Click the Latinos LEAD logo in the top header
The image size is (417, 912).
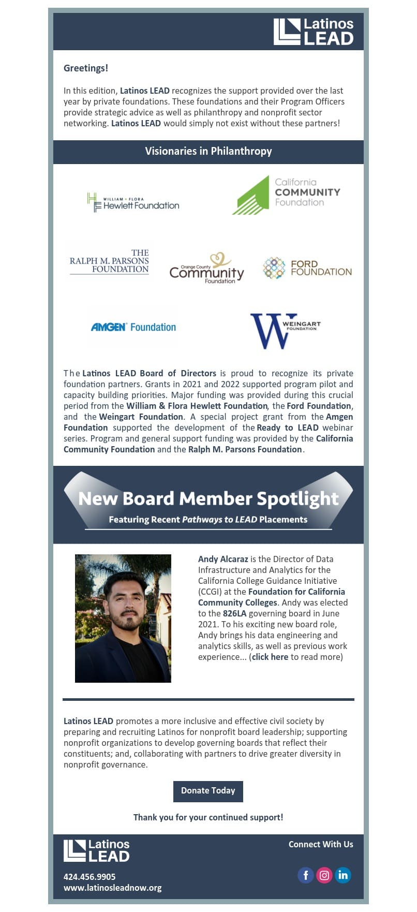[x=313, y=32]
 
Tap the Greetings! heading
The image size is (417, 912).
[x=86, y=68]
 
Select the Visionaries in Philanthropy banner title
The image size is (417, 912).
[x=208, y=152]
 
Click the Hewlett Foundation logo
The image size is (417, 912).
[x=133, y=202]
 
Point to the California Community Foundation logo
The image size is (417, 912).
[x=286, y=195]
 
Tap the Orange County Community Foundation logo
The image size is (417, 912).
[x=207, y=269]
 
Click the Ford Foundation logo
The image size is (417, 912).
[x=307, y=268]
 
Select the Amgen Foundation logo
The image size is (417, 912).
[x=133, y=327]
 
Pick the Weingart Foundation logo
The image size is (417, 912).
[x=285, y=330]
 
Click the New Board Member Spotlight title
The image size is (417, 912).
[x=208, y=498]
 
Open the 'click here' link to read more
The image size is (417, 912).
[x=270, y=657]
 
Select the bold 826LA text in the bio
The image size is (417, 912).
[x=234, y=613]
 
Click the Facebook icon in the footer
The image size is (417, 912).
[x=306, y=875]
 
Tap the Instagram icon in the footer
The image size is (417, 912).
[x=324, y=875]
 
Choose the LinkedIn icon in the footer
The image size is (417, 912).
[x=342, y=875]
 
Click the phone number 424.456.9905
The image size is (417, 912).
[x=90, y=877]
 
